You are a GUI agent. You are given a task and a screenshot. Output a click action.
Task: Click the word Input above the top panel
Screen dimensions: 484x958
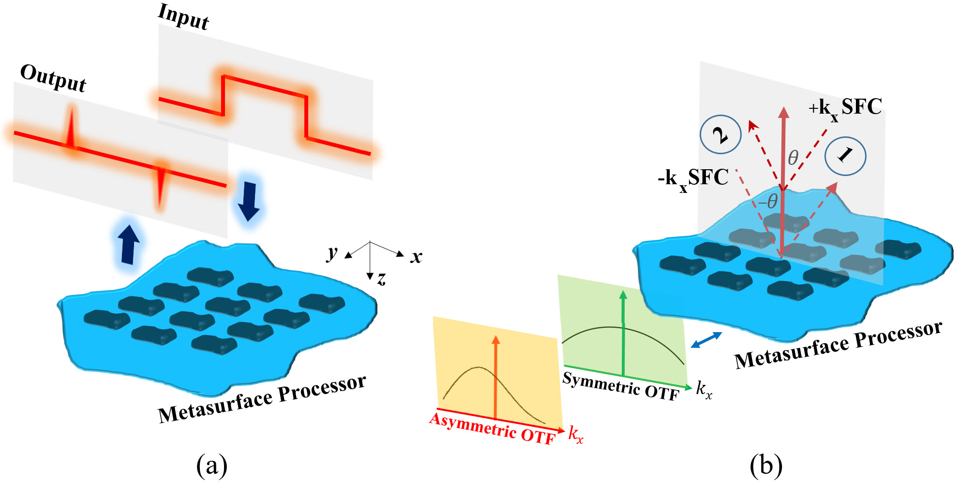click(x=184, y=17)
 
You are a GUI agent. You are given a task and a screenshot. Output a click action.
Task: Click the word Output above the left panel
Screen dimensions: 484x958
click(x=53, y=77)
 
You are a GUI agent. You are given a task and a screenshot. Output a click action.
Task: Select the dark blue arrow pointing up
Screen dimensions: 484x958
click(x=129, y=244)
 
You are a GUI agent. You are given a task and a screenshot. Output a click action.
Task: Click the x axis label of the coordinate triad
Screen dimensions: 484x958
click(x=416, y=256)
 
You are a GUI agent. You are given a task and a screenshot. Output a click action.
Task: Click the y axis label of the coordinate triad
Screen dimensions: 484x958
click(x=332, y=252)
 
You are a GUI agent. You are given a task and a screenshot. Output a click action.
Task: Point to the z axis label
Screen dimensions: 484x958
click(x=382, y=278)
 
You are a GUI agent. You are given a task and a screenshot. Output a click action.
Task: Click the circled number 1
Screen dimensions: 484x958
click(x=845, y=156)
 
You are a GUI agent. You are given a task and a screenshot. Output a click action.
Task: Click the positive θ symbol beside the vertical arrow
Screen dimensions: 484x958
click(x=793, y=158)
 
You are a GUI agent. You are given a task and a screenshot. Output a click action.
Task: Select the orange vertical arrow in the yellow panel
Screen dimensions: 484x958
click(x=495, y=377)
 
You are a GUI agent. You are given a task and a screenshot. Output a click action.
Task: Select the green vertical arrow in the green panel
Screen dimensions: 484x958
click(x=623, y=334)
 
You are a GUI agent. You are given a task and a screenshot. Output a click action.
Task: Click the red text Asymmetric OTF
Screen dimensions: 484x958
click(x=493, y=428)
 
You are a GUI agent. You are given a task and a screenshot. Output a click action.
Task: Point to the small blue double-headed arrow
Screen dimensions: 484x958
click(x=706, y=340)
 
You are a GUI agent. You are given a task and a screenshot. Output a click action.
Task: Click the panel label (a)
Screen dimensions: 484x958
click(x=211, y=465)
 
